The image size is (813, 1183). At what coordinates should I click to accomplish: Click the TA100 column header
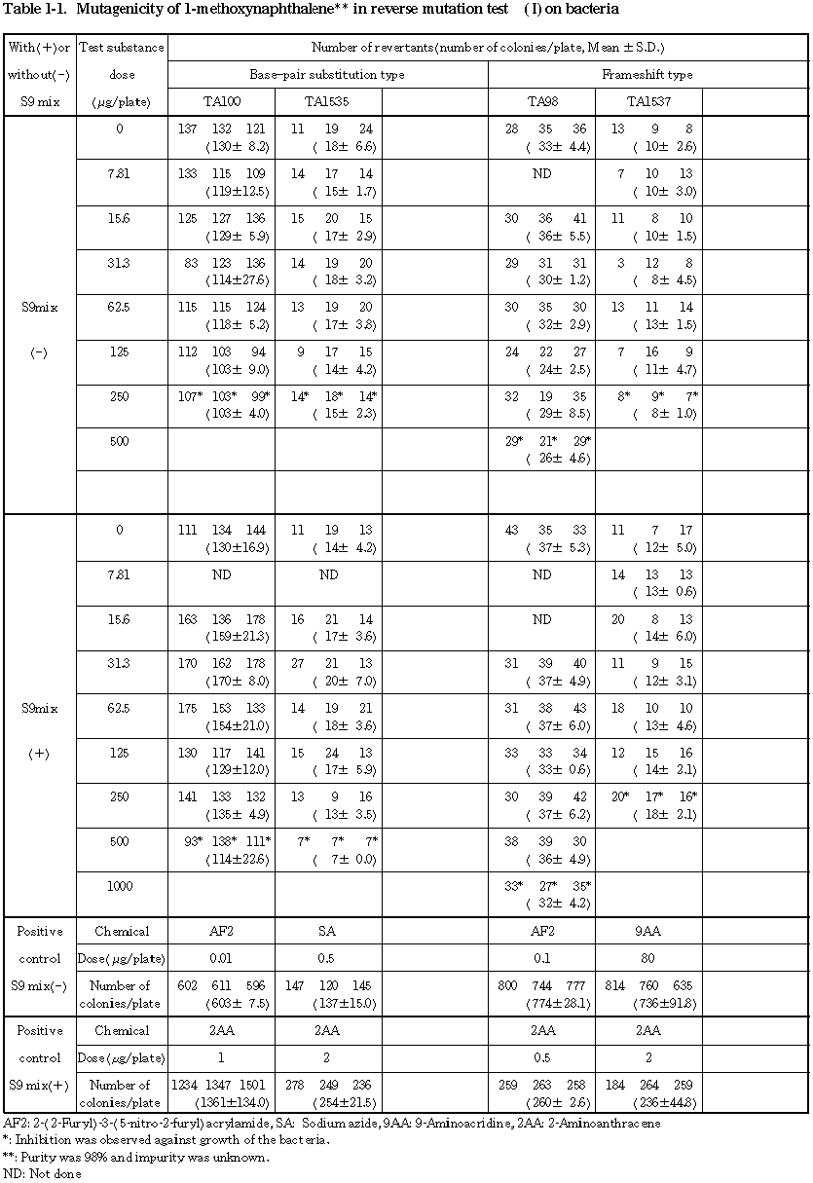pyautogui.click(x=221, y=101)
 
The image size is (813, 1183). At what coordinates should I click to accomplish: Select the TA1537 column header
pyautogui.click(x=648, y=101)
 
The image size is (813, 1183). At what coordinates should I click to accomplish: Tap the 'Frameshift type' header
pyautogui.click(x=647, y=74)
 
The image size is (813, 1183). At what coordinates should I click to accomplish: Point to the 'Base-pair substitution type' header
pyautogui.click(x=327, y=74)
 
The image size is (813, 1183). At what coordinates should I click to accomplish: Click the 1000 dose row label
pyautogui.click(x=118, y=886)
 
